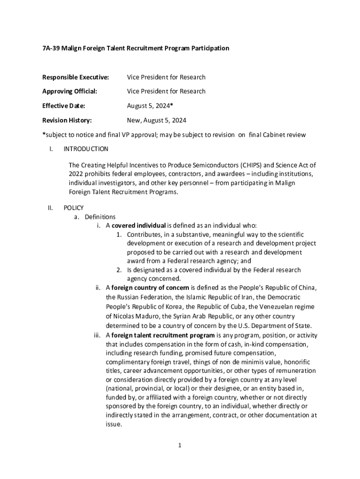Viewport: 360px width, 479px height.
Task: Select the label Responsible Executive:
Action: [x=75, y=77]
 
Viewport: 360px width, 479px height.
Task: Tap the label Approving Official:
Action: [x=70, y=91]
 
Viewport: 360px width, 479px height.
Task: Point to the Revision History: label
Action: [x=67, y=120]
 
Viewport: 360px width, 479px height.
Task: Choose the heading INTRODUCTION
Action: [x=86, y=149]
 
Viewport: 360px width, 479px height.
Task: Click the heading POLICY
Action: [x=73, y=208]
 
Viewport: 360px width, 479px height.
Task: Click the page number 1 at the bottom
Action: [x=179, y=445]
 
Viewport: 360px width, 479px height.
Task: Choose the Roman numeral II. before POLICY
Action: [x=50, y=208]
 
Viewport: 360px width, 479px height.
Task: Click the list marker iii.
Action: [x=98, y=335]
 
